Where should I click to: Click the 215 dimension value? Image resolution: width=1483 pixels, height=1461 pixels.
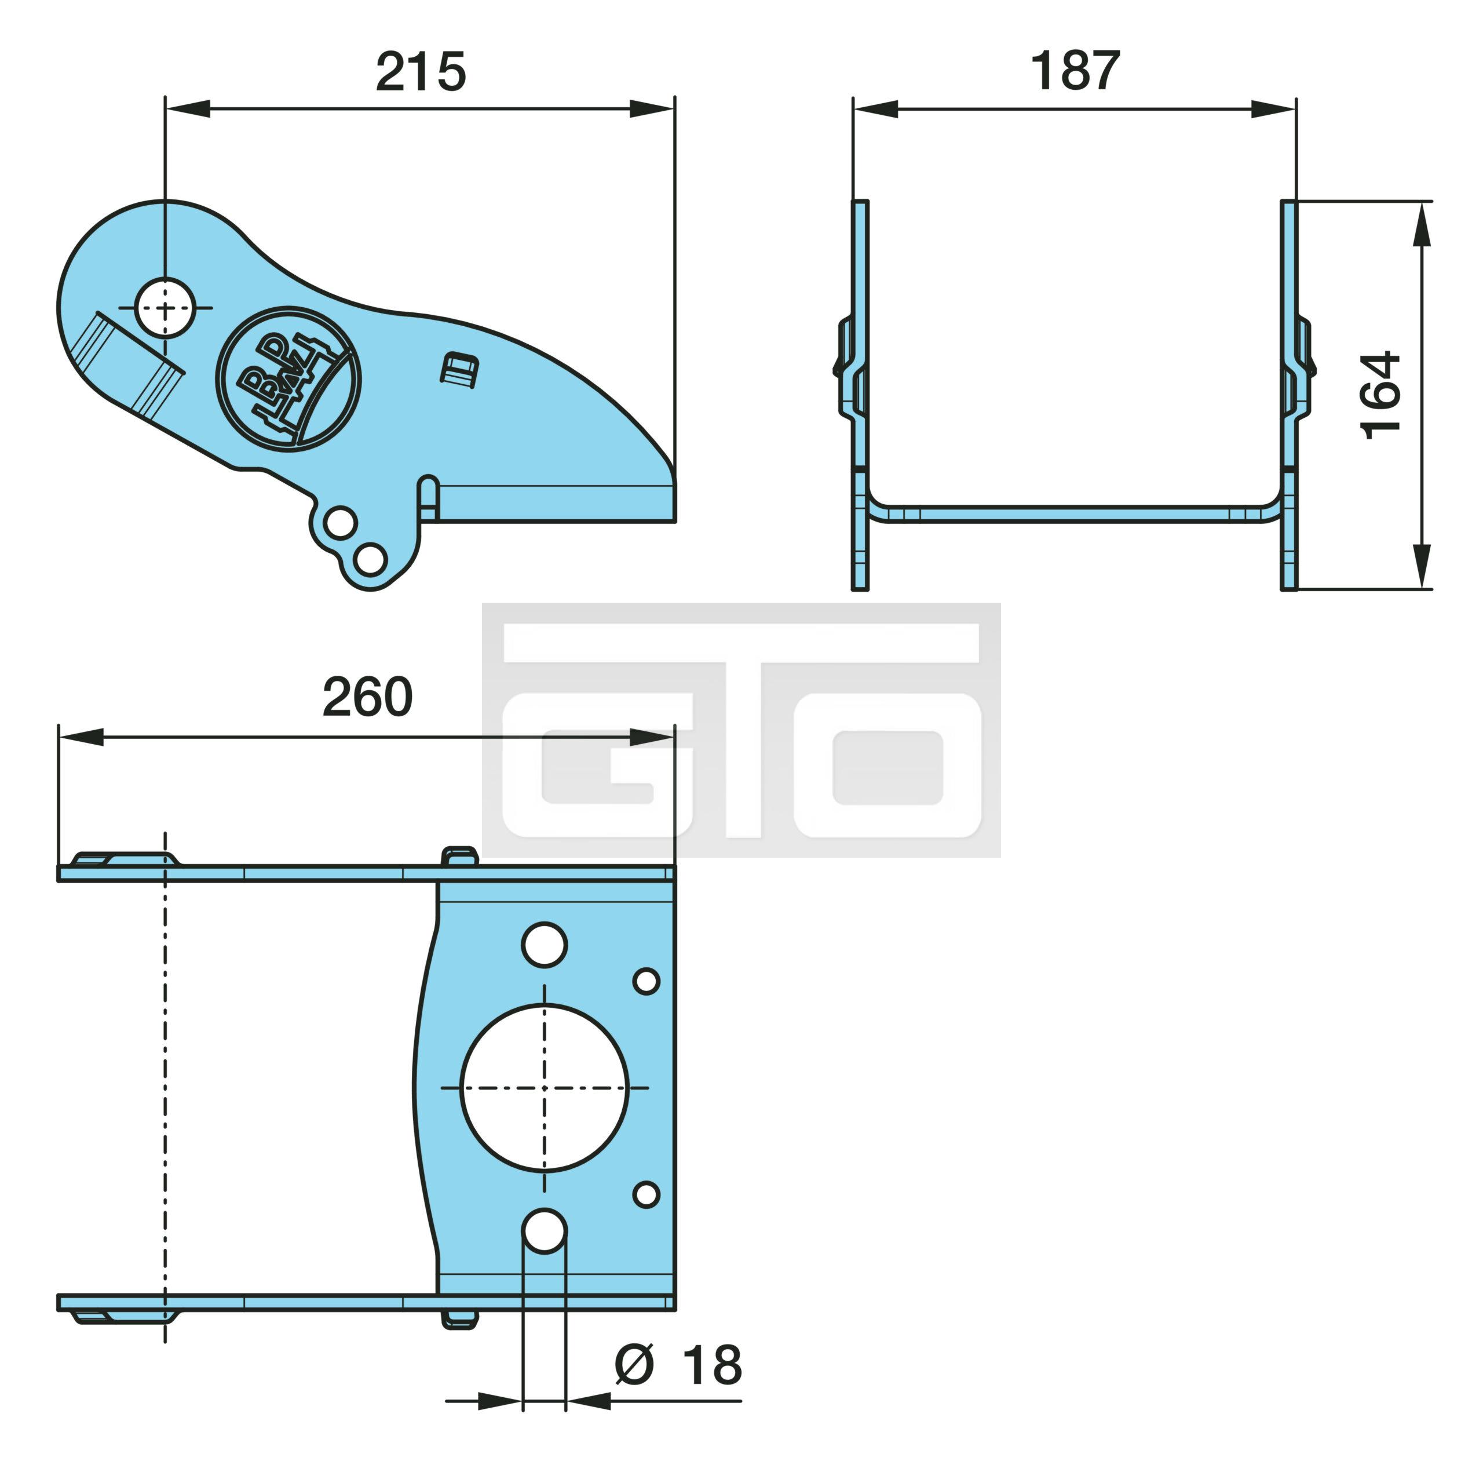coord(421,72)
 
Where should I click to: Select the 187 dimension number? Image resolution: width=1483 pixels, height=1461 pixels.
coord(1074,71)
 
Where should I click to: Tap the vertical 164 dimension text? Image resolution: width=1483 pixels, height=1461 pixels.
coord(1381,395)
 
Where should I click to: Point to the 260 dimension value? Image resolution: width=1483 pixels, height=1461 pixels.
coord(367,697)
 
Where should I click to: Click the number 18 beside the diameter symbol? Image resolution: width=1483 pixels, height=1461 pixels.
coord(712,1365)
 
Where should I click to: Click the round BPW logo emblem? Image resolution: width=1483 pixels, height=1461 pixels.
coord(288,379)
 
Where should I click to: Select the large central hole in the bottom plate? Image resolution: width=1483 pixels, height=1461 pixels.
coord(545,1088)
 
